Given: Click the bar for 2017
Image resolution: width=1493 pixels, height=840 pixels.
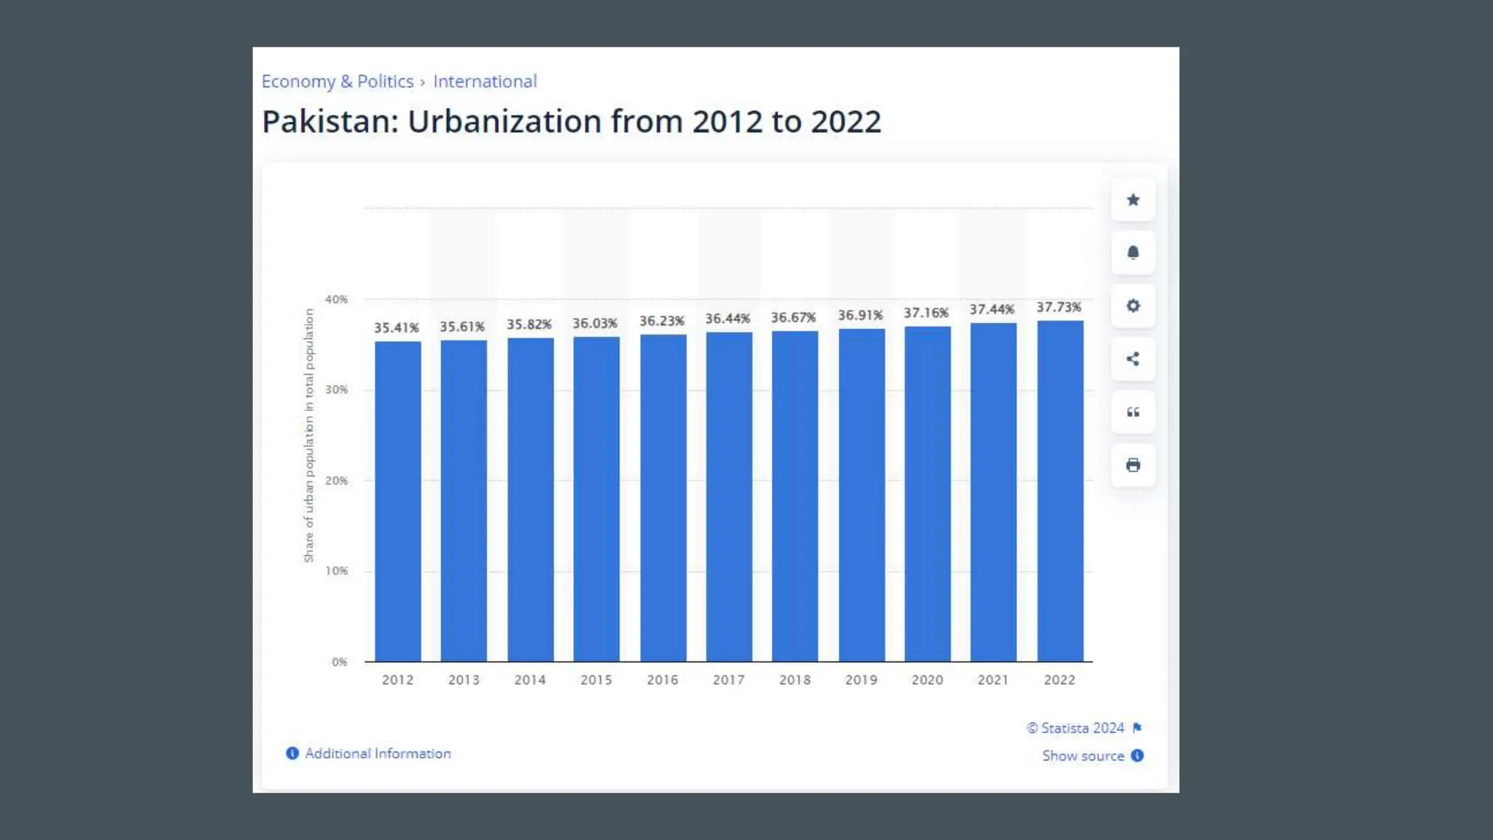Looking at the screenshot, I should coord(728,497).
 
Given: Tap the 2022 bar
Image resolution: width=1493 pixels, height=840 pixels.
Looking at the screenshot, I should coord(1060,491).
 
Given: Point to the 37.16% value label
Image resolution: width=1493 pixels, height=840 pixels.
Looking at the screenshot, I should coord(926,313).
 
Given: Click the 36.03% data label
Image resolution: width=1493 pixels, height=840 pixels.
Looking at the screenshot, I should coord(595,323).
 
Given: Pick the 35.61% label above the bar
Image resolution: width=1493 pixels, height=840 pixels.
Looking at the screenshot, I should coord(462,327).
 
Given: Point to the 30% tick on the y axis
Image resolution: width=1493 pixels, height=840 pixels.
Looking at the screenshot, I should coord(336,389).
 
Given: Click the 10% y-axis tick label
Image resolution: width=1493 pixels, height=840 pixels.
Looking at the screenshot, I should coord(336,571).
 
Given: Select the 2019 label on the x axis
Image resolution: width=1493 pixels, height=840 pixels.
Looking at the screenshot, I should coord(861,680).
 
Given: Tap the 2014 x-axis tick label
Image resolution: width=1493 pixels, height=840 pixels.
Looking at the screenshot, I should coord(530,680).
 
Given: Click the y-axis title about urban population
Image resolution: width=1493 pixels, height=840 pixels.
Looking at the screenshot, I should coord(309,435).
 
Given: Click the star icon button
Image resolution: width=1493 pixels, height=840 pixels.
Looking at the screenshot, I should coord(1133,200).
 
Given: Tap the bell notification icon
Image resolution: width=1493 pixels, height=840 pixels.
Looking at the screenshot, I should coord(1133,253).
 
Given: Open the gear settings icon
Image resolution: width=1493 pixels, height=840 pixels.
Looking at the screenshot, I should coord(1133,306).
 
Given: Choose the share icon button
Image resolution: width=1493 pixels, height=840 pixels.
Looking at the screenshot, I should coord(1133,359).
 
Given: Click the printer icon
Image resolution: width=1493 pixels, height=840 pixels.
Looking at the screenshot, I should coord(1133,465).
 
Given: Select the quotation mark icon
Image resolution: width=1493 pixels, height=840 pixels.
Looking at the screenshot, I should coord(1133,412).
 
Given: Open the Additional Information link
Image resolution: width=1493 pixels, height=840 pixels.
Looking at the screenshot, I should coord(378,753).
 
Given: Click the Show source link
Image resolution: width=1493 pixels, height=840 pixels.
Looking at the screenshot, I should coord(1083,756).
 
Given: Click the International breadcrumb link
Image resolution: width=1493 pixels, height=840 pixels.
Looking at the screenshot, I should coord(485,81).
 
